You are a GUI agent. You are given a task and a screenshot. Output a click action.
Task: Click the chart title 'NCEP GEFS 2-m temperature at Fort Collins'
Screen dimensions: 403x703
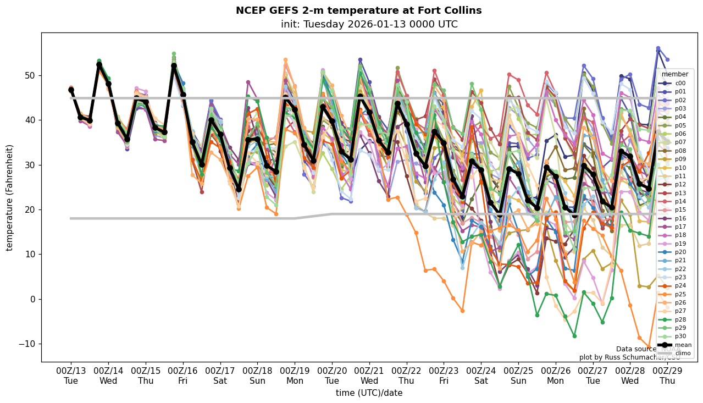point(358,10)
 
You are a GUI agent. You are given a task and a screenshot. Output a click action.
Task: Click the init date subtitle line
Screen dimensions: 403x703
point(369,24)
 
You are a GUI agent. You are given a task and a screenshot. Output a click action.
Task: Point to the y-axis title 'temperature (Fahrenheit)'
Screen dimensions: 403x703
point(10,197)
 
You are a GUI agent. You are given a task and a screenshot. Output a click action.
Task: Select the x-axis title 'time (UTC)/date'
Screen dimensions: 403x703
point(369,393)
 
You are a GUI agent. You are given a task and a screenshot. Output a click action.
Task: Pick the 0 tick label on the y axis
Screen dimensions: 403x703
point(32,299)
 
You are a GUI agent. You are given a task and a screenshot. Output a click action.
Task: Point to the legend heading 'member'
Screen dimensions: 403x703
point(675,74)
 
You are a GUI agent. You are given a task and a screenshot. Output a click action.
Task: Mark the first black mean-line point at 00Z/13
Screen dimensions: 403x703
point(71,90)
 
